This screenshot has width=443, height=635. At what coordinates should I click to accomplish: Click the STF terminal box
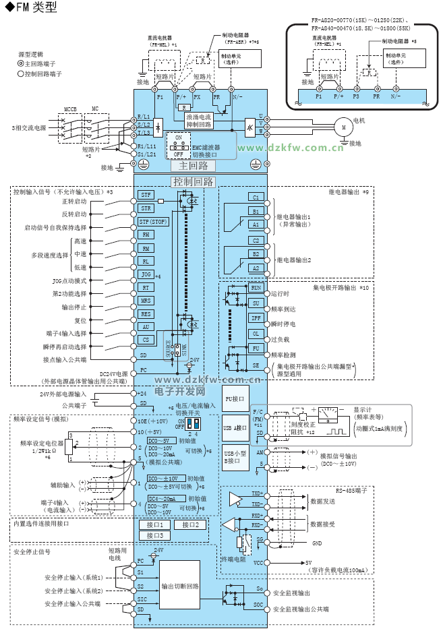[146, 195]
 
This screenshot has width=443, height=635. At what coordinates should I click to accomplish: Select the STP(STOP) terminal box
[152, 221]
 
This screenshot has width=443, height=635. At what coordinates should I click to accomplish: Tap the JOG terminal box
[146, 274]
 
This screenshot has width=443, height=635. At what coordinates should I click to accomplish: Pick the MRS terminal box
[146, 300]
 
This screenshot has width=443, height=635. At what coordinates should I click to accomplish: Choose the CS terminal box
[146, 340]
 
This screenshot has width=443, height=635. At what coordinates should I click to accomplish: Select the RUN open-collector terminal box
[256, 288]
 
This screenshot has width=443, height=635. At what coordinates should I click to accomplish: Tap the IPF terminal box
[256, 317]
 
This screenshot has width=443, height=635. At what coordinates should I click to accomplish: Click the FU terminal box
[256, 348]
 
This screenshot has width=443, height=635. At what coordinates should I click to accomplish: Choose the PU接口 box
[236, 399]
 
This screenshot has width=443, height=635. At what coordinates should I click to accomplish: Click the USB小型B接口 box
[236, 458]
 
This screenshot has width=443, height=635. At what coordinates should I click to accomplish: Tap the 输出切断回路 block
[180, 586]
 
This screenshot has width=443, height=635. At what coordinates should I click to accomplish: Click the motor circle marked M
[342, 125]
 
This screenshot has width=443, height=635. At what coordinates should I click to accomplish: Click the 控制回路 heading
[194, 181]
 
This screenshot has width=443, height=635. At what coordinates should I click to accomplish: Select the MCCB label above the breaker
[70, 109]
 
